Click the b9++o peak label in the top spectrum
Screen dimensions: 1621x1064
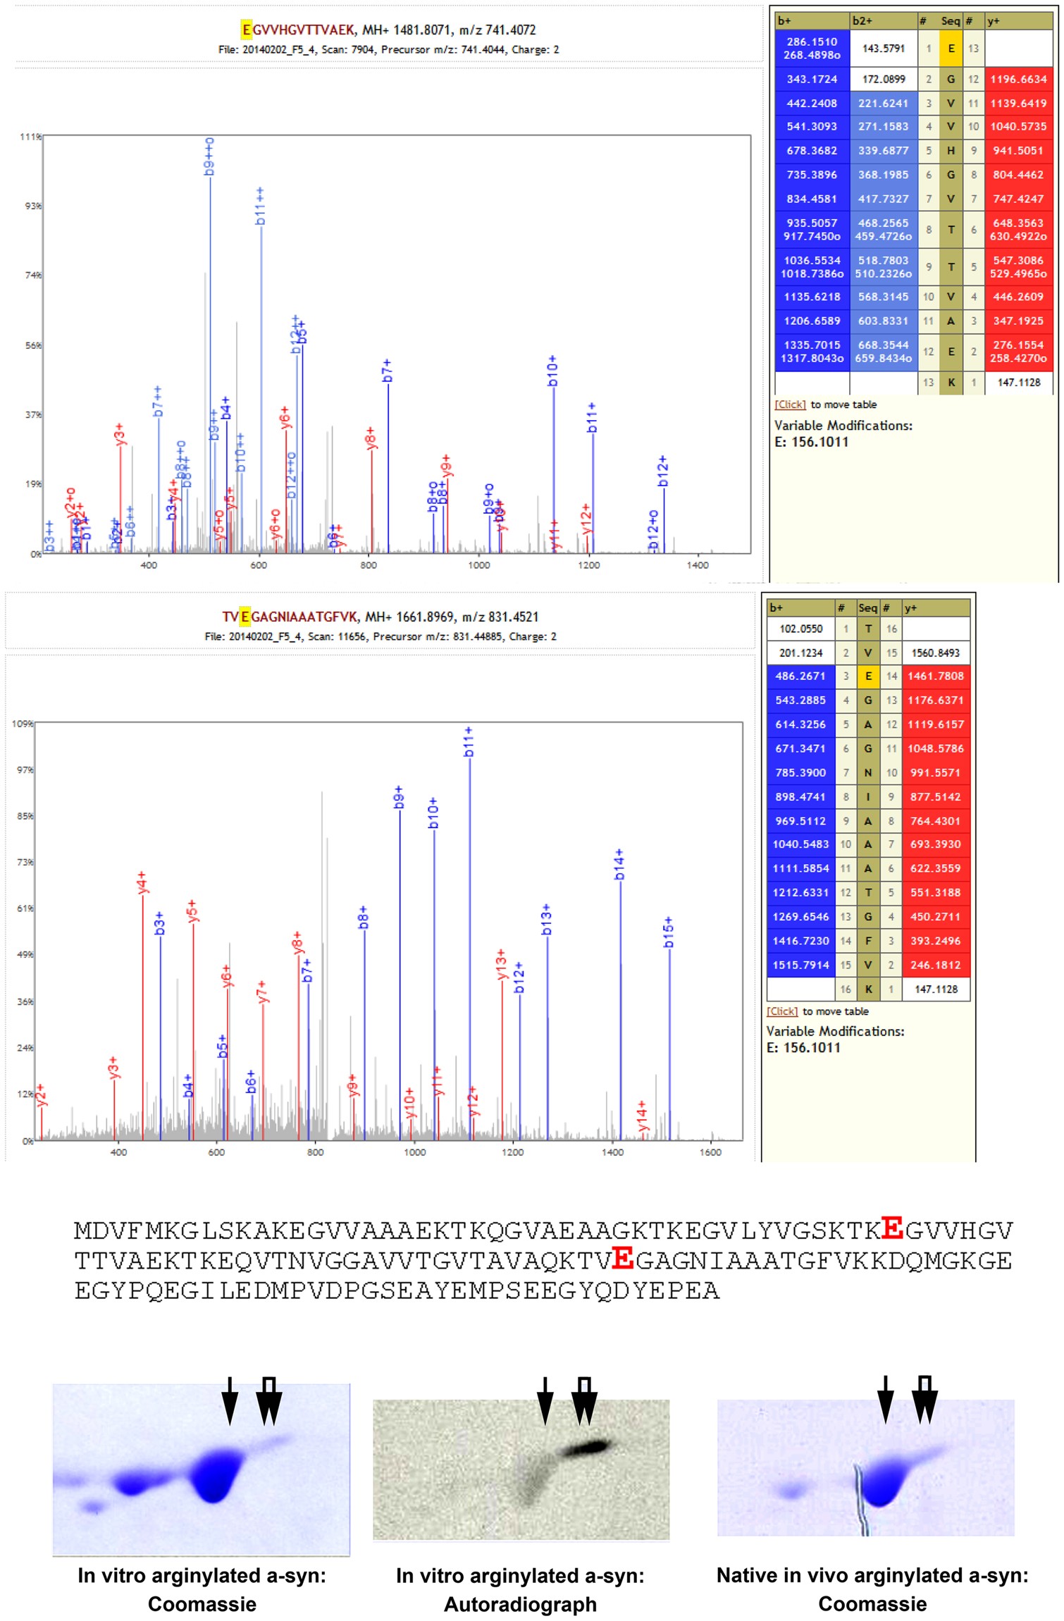tap(209, 156)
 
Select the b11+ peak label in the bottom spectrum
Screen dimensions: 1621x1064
tap(469, 742)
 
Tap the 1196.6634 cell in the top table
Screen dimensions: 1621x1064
tap(1018, 79)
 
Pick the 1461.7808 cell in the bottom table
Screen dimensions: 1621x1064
tap(935, 676)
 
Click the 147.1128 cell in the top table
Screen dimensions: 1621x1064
tap(1018, 382)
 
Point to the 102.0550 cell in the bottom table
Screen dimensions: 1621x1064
tap(800, 629)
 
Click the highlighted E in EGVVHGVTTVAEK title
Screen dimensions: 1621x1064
tap(246, 30)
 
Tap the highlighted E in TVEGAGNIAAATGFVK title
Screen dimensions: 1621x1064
tap(245, 617)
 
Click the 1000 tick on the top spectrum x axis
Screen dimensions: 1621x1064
tap(479, 565)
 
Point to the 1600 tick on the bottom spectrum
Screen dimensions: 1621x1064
tap(710, 1152)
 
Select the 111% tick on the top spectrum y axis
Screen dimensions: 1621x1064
tap(30, 136)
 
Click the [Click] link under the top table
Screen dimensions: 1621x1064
tap(790, 405)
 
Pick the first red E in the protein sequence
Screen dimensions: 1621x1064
tap(892, 1228)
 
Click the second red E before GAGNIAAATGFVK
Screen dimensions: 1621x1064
tap(622, 1258)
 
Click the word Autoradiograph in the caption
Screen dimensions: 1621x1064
tap(520, 1605)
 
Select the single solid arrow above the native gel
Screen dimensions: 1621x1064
tap(886, 1398)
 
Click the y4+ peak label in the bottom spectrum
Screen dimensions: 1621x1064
tap(142, 882)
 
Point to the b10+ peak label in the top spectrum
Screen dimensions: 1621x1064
tap(552, 371)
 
